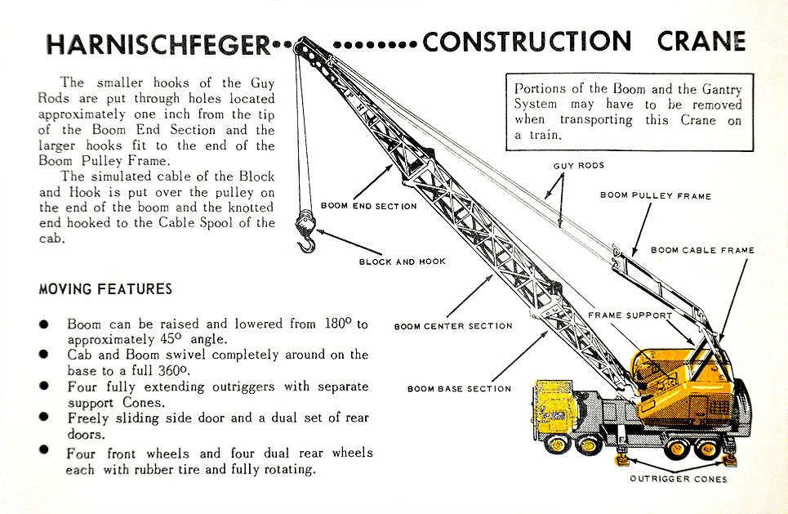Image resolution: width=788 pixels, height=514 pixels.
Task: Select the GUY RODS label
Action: (x=578, y=166)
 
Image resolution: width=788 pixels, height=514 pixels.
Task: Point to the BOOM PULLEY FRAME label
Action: (x=656, y=196)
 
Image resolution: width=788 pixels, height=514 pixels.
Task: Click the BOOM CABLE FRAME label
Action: (x=702, y=250)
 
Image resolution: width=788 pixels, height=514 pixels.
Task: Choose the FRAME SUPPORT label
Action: (x=630, y=315)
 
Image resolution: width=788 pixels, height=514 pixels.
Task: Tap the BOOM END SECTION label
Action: (x=368, y=206)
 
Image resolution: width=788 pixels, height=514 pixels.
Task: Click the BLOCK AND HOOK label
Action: (x=402, y=262)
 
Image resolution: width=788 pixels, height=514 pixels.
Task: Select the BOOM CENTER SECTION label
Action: (x=453, y=326)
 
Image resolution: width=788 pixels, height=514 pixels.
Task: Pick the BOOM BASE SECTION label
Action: (x=459, y=389)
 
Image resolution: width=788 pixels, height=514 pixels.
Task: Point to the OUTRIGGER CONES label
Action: (x=678, y=479)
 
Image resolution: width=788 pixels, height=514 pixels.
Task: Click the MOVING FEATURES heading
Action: (x=105, y=289)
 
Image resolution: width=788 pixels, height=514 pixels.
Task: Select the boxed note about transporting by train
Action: (x=628, y=113)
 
